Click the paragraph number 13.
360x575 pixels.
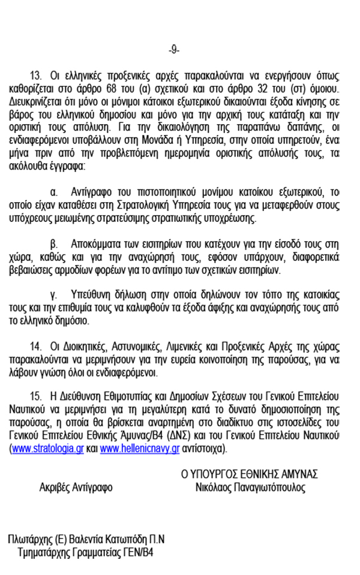click(x=36, y=76)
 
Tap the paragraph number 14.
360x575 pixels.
click(x=35, y=348)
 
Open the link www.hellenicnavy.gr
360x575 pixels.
click(x=140, y=448)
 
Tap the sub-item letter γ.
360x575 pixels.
click(x=53, y=295)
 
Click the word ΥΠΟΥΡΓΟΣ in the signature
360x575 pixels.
click(x=215, y=474)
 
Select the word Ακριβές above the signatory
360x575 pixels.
click(x=55, y=488)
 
